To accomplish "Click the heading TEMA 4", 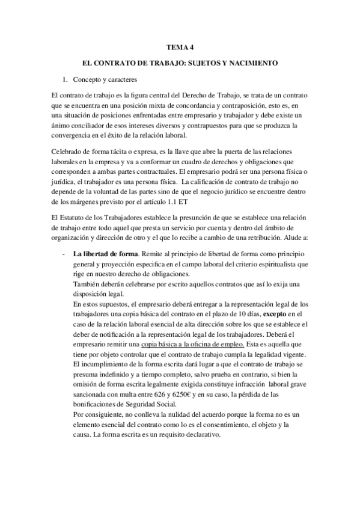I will tap(179, 45).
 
